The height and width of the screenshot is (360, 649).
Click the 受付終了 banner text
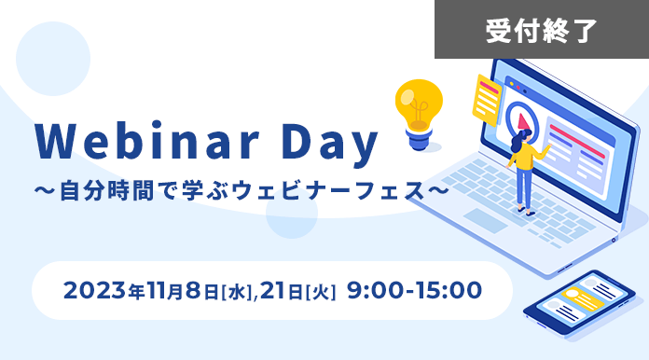(x=541, y=30)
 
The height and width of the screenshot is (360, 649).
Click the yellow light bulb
(x=417, y=104)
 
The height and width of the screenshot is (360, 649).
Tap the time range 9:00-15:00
(x=415, y=291)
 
